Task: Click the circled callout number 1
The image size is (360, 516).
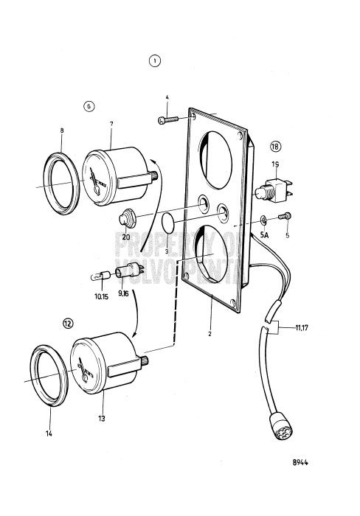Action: click(155, 60)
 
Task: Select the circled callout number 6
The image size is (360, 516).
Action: click(89, 105)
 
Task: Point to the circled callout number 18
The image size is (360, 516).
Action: click(274, 146)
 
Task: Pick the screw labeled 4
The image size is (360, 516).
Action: click(171, 117)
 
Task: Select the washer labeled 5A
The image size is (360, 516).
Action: click(263, 219)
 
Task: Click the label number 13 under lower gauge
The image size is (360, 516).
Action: click(101, 418)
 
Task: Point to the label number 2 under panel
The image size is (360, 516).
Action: click(210, 333)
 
